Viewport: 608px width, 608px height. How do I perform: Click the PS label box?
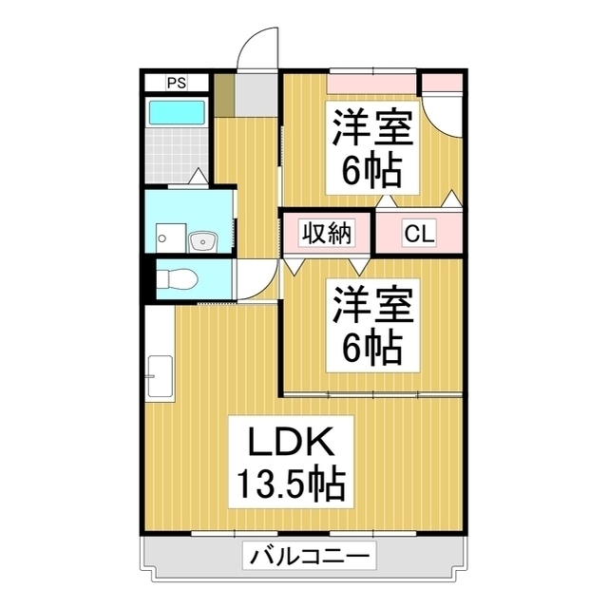point(176,83)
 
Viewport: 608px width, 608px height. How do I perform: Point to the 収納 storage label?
point(327,233)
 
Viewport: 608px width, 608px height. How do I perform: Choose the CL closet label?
point(419,233)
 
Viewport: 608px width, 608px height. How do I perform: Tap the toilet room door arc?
point(255,279)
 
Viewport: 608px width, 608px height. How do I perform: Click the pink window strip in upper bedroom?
point(372,83)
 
